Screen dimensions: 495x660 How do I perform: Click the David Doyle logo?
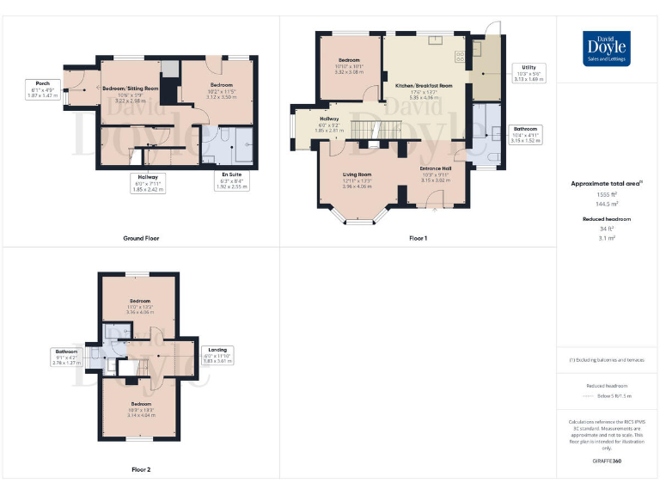click(607, 48)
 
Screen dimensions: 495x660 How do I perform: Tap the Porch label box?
click(42, 89)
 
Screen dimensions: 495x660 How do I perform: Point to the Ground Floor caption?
click(141, 238)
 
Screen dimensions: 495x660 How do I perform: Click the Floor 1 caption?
click(418, 238)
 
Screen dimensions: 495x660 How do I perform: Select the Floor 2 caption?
click(141, 470)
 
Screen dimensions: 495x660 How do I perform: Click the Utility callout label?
click(525, 73)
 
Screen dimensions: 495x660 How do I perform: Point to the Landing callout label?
click(218, 354)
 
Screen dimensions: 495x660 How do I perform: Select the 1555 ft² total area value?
click(607, 195)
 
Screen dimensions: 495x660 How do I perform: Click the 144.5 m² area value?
click(607, 204)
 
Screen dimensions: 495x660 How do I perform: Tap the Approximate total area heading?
click(607, 183)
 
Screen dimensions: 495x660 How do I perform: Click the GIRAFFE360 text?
click(607, 461)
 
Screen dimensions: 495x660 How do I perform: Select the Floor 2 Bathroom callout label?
click(67, 356)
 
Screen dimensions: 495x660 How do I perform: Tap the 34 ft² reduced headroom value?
click(607, 229)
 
